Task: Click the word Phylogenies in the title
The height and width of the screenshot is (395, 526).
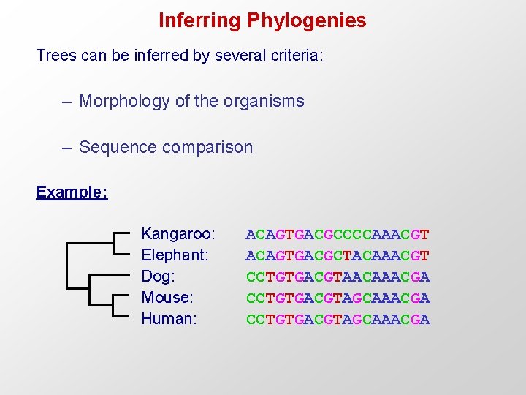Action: (x=307, y=20)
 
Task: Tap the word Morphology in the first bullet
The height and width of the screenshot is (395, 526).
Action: (x=125, y=101)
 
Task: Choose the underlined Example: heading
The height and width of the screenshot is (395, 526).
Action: (x=72, y=192)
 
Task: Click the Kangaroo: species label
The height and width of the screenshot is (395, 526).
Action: (x=178, y=234)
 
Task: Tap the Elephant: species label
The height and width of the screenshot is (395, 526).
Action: (x=175, y=255)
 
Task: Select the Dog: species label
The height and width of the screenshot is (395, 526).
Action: (x=158, y=276)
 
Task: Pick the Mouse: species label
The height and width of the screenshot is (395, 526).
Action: (x=167, y=298)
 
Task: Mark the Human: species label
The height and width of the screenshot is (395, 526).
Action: (x=169, y=319)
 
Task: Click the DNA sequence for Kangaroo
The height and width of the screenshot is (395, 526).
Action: (x=338, y=235)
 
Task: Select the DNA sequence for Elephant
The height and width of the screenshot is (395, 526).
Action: (x=338, y=256)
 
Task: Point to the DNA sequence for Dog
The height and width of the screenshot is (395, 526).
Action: (x=338, y=277)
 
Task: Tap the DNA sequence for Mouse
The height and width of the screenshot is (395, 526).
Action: (x=338, y=298)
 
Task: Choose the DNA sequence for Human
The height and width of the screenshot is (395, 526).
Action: (x=338, y=320)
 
